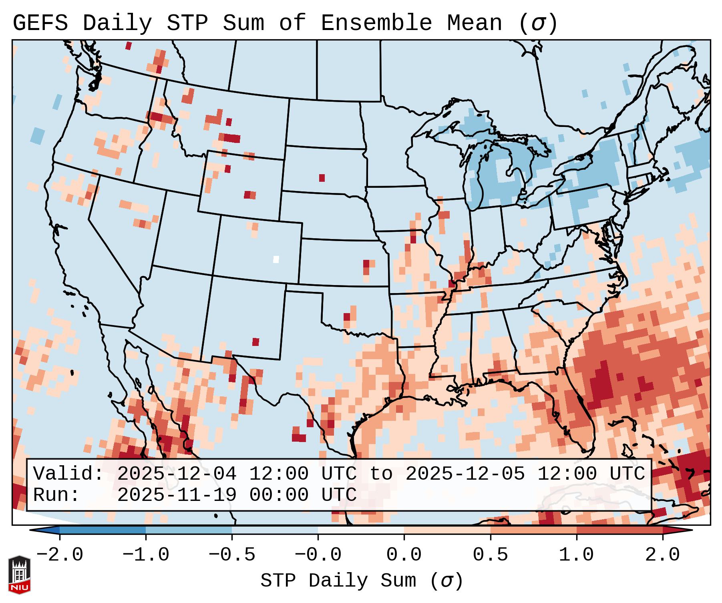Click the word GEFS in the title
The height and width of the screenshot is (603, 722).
tap(40, 23)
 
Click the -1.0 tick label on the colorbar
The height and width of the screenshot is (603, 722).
tap(146, 555)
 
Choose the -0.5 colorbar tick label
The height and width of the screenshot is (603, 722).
tap(232, 555)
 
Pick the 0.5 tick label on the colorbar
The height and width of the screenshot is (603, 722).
tap(490, 555)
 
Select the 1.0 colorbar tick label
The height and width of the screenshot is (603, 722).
tap(576, 555)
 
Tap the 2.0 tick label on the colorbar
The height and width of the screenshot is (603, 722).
tap(663, 555)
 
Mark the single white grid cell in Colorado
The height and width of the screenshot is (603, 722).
tap(276, 259)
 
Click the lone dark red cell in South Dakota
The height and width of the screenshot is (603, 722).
tap(322, 178)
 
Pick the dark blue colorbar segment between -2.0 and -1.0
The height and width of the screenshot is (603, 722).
tap(103, 530)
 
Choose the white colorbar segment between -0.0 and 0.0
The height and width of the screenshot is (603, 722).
tap(361, 530)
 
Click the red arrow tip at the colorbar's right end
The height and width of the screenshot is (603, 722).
tap(689, 530)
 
